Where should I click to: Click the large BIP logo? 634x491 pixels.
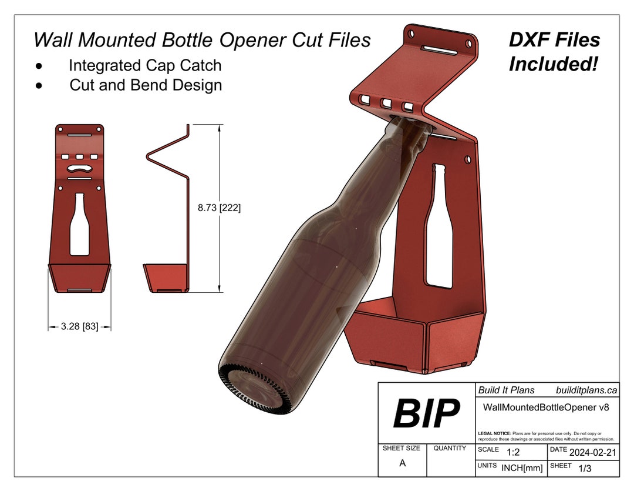[x=426, y=413]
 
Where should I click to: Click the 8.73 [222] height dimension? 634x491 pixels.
[x=220, y=208]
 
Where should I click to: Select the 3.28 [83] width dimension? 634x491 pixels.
[x=79, y=326]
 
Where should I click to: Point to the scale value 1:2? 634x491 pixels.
[x=512, y=452]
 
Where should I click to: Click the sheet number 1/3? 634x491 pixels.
[x=585, y=469]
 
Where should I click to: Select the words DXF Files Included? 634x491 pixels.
[x=554, y=52]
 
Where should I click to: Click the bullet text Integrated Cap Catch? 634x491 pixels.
[x=145, y=65]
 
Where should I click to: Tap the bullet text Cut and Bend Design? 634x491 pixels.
[x=146, y=85]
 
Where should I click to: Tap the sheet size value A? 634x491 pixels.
[x=402, y=463]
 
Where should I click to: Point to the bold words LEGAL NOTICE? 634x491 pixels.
[x=494, y=433]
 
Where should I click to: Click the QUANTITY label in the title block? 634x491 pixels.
[x=450, y=448]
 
